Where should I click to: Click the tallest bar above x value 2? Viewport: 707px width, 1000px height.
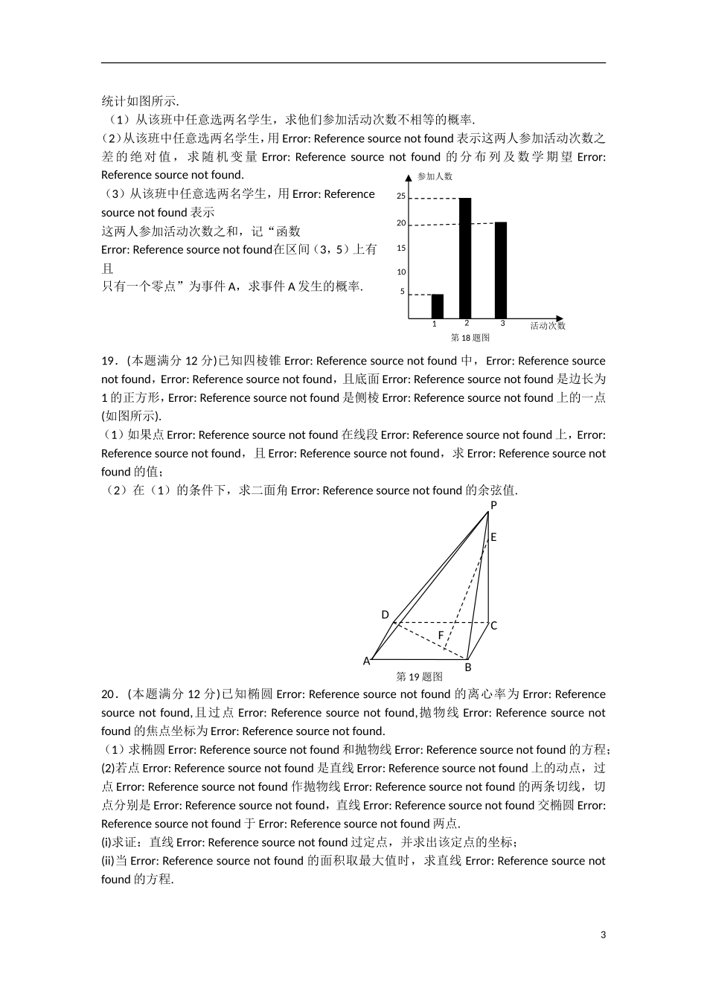tap(466, 258)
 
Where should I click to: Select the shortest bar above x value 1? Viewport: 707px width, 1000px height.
tap(438, 307)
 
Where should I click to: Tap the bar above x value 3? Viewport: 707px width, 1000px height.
tap(501, 270)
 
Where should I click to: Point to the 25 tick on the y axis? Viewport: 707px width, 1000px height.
tap(401, 196)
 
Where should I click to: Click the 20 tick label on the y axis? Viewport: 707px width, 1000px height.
tap(401, 223)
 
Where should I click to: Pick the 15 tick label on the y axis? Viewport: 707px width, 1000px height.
tap(401, 248)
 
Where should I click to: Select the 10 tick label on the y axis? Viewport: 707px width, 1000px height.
tap(401, 272)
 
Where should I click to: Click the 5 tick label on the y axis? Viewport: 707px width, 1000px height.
tap(403, 292)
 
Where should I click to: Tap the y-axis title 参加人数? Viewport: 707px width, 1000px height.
tap(435, 176)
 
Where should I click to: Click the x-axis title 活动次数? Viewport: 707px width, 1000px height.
tap(548, 326)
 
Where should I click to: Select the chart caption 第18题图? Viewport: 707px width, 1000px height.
tap(470, 338)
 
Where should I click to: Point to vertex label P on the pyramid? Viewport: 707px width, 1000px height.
tap(493, 505)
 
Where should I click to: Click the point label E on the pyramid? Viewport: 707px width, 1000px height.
tap(493, 537)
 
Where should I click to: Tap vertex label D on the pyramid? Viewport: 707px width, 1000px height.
tap(385, 615)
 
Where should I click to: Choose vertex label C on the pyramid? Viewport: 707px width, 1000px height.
tap(493, 626)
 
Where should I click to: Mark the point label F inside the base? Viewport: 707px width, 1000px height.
tap(441, 635)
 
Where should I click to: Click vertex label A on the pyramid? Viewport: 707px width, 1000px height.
tap(366, 661)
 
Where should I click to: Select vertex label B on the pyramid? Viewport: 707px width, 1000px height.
tap(468, 667)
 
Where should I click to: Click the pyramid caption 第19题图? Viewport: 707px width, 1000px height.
tap(420, 677)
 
